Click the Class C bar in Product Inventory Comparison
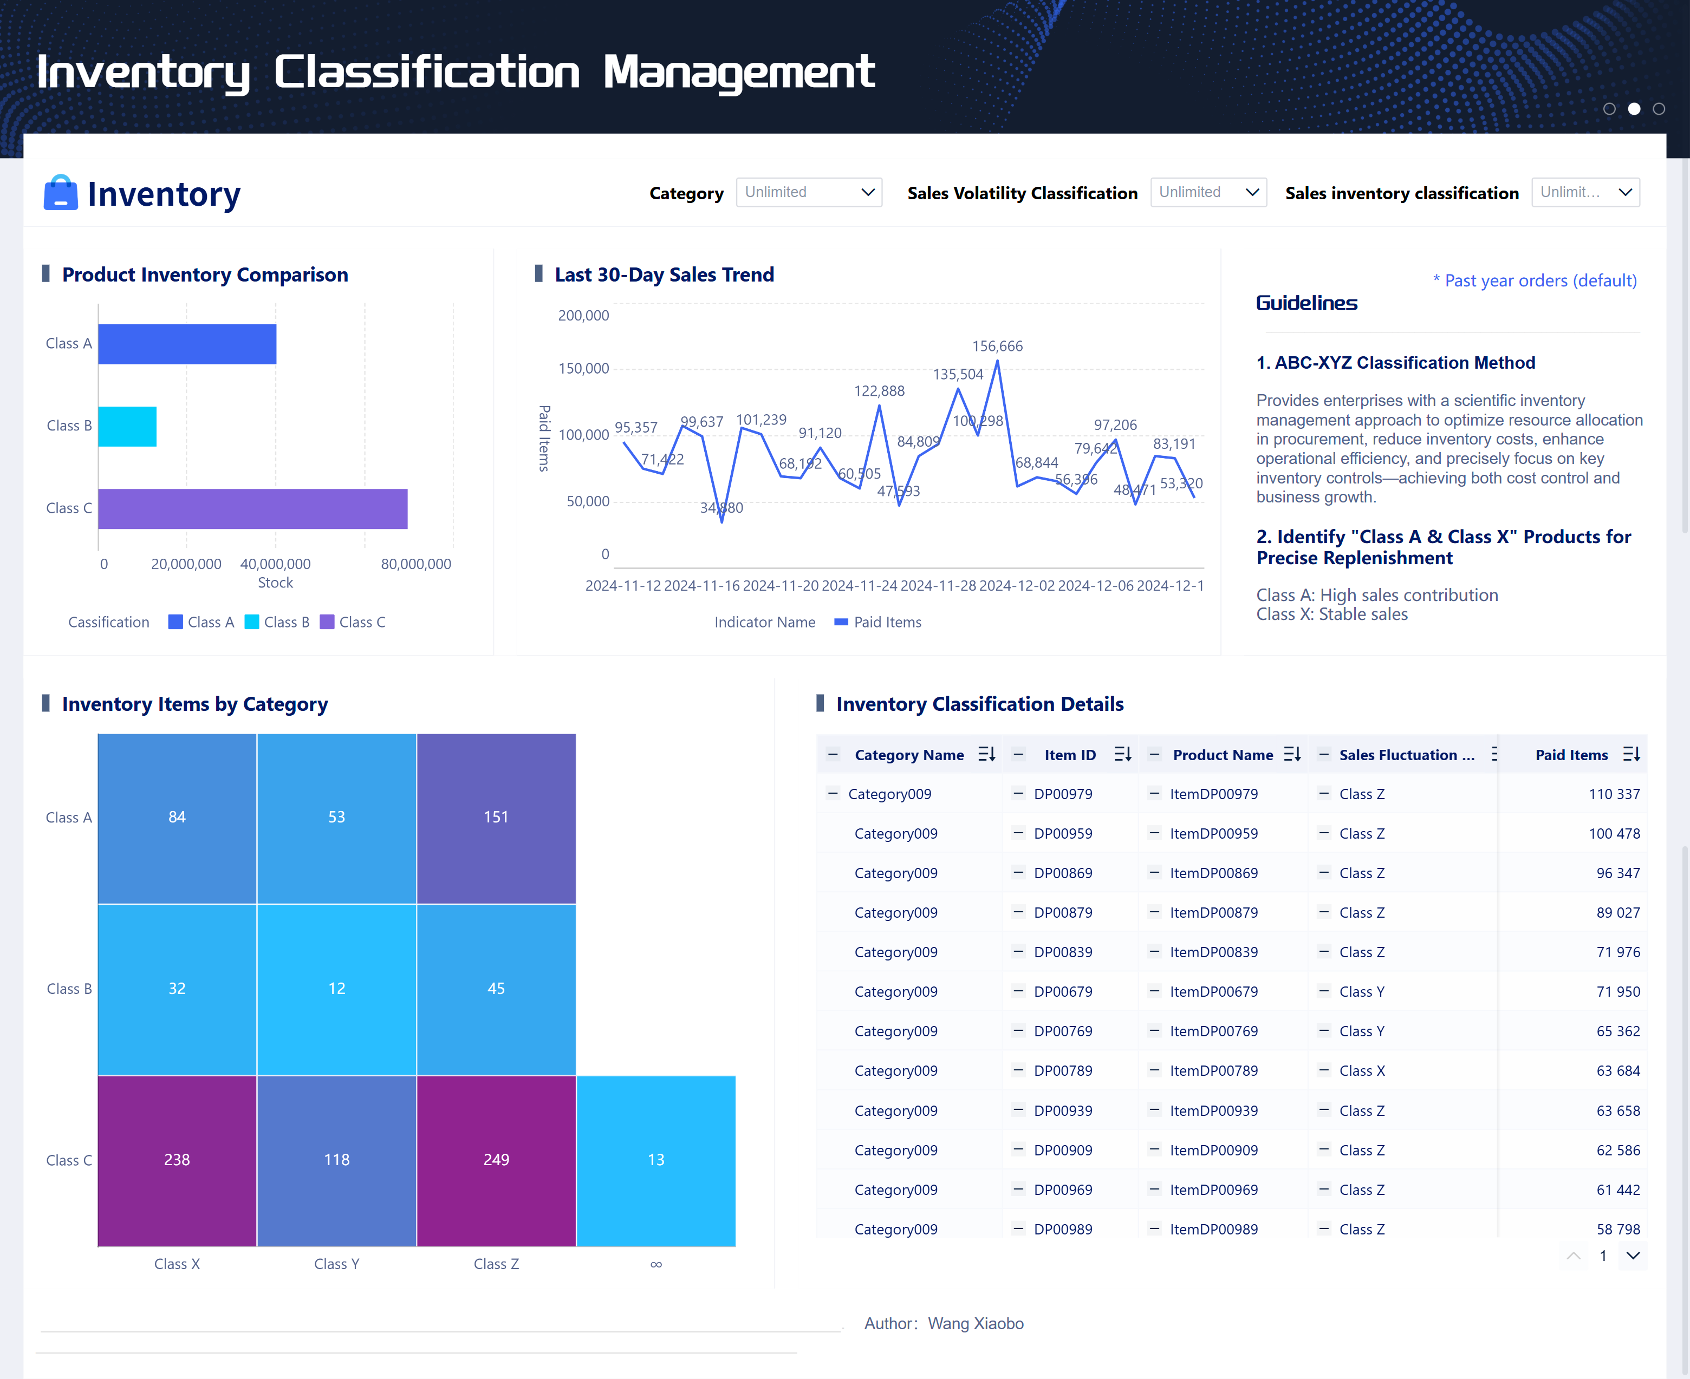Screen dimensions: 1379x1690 252,508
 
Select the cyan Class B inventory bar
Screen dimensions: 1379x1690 127,427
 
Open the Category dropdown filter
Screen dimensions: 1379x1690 808,192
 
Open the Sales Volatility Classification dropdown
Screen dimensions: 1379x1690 1207,192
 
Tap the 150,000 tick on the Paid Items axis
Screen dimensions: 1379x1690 583,369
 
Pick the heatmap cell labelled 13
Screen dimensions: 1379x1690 655,1160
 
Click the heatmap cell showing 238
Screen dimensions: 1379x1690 177,1160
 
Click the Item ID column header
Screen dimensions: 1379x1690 1069,755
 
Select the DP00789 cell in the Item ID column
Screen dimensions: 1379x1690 1062,1071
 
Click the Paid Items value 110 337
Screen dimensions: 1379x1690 1614,794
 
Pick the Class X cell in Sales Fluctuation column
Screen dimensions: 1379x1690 1361,1071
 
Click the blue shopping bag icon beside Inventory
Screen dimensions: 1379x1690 60,193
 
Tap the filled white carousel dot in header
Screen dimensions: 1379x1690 1634,109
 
